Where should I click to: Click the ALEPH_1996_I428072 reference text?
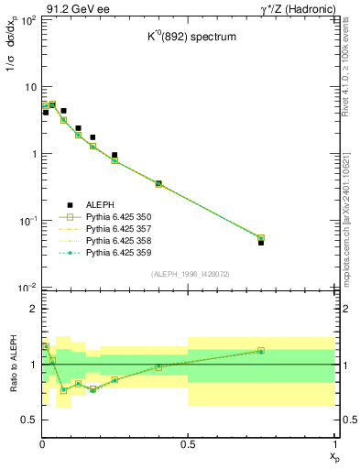[188, 273]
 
